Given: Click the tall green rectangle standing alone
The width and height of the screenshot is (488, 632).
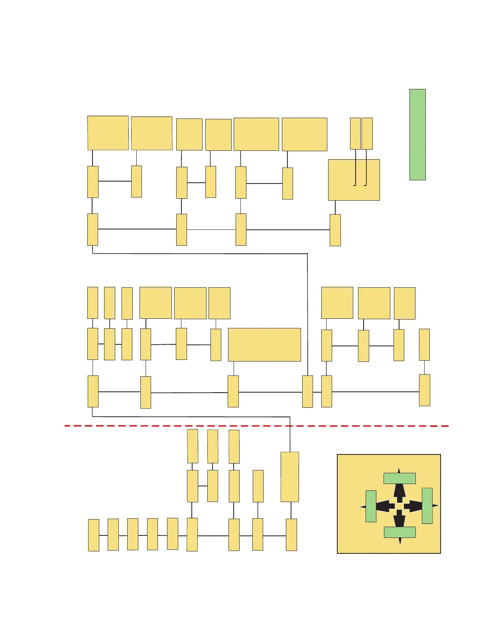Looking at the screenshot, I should (x=417, y=134).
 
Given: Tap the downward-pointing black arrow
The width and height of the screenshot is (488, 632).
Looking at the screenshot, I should (x=399, y=519).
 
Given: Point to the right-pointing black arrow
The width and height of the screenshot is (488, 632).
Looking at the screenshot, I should (x=414, y=506).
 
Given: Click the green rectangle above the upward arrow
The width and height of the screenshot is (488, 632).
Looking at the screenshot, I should (x=399, y=478).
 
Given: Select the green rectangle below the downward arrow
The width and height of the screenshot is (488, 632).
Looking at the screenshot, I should (x=399, y=532).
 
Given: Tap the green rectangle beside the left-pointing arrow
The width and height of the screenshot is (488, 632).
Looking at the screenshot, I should (x=371, y=506).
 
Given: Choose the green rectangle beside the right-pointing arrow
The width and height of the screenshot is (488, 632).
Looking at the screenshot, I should (x=427, y=506).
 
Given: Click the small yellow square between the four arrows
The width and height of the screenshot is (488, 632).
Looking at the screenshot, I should (x=399, y=506).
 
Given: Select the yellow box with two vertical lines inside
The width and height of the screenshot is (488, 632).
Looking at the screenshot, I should (x=354, y=180).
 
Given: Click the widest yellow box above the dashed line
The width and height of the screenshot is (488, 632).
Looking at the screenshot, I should (x=264, y=344).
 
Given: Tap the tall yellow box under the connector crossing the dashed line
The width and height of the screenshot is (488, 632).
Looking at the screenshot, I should (x=290, y=477).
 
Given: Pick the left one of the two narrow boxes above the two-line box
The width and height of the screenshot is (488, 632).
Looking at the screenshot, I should (x=355, y=133).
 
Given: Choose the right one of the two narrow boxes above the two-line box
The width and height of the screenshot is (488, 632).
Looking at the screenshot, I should (x=367, y=133).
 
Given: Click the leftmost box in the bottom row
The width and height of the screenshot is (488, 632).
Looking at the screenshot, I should (x=93, y=535).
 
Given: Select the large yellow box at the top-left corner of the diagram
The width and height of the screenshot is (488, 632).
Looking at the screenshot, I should (x=108, y=133).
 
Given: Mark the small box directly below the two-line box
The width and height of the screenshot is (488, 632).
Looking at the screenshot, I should (x=335, y=230).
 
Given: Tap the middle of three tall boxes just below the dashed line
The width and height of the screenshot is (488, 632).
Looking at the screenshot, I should (x=213, y=446).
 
